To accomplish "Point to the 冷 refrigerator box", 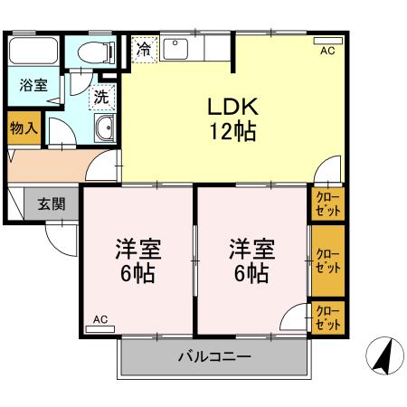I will (x=144, y=49).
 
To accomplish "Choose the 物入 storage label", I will (x=24, y=128).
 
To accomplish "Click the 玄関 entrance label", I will (x=51, y=203).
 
